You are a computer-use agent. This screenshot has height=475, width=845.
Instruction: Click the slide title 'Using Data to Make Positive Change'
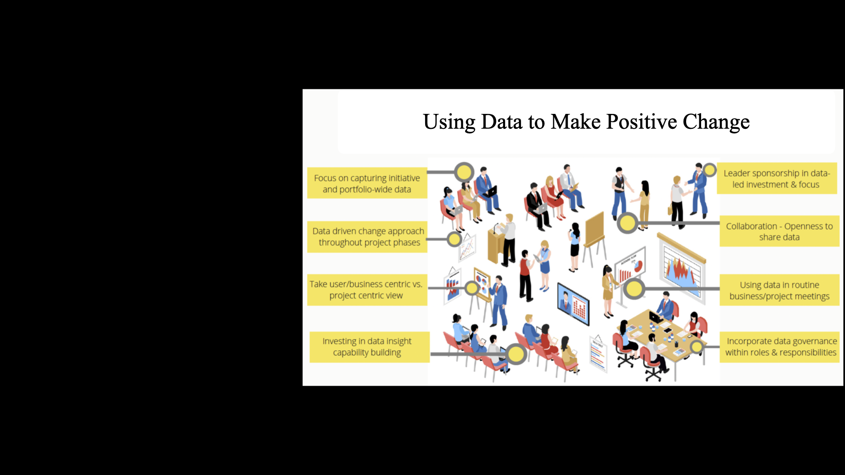[586, 122]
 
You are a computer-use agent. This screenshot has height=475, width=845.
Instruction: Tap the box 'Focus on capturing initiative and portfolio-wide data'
[367, 183]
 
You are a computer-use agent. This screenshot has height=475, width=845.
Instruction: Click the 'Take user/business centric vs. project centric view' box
[367, 290]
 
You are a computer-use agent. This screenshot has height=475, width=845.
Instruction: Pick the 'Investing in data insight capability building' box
[369, 347]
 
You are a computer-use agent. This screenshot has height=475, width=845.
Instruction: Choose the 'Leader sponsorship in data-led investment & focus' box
[777, 179]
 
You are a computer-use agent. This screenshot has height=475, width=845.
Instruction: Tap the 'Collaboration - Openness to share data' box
[779, 231]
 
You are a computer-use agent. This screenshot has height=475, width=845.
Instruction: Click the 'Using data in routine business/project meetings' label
[779, 290]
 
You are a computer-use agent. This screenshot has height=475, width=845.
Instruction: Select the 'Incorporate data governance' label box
[779, 347]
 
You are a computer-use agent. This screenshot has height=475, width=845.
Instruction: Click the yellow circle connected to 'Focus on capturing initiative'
[464, 172]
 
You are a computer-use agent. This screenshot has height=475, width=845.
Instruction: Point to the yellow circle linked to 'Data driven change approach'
[454, 239]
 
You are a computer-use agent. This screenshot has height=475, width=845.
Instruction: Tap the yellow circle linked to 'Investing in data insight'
[516, 354]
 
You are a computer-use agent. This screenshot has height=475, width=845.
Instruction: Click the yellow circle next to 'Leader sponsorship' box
[709, 170]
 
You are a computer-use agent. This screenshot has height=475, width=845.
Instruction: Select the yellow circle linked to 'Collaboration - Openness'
[628, 223]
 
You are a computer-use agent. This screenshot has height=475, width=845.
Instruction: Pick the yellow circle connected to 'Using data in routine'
[634, 289]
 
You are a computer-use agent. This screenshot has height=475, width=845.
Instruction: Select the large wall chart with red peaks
[682, 269]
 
